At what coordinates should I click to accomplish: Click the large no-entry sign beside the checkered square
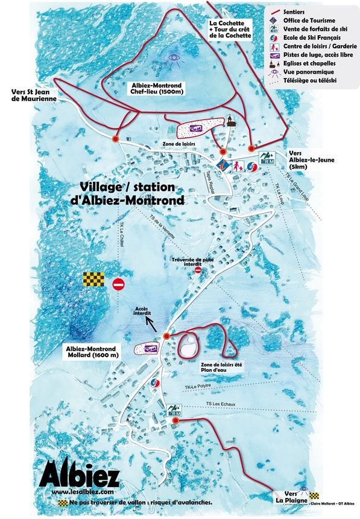tap(118, 284)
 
